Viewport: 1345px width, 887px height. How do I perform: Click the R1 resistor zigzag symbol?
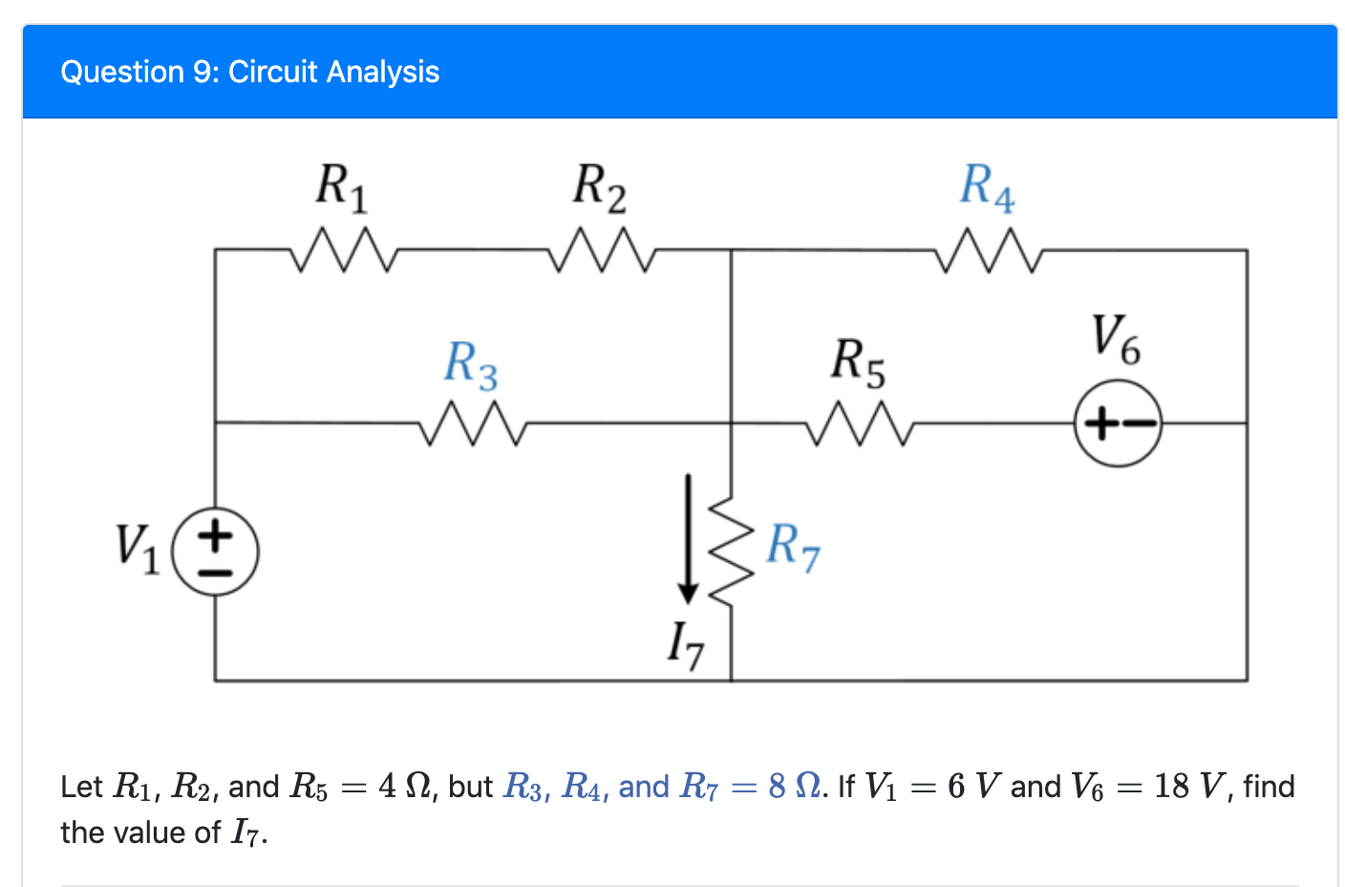click(342, 249)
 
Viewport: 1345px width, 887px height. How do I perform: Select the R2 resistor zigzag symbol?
click(601, 249)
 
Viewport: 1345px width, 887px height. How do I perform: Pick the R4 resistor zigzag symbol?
click(988, 249)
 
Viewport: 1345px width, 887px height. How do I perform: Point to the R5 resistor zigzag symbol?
click(860, 422)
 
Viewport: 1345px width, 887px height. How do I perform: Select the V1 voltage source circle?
click(215, 552)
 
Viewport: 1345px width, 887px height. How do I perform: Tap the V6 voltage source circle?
click(1118, 422)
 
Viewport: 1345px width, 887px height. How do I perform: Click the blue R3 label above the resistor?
click(471, 364)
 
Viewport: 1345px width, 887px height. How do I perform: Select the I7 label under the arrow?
click(686, 644)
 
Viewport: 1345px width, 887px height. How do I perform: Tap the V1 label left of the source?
click(137, 547)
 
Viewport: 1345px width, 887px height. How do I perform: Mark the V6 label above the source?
click(1116, 339)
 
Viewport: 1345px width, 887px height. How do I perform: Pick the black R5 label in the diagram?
click(858, 362)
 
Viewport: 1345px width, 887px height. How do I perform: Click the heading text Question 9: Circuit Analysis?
click(249, 72)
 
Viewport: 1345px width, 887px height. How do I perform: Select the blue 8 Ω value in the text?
click(794, 787)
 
